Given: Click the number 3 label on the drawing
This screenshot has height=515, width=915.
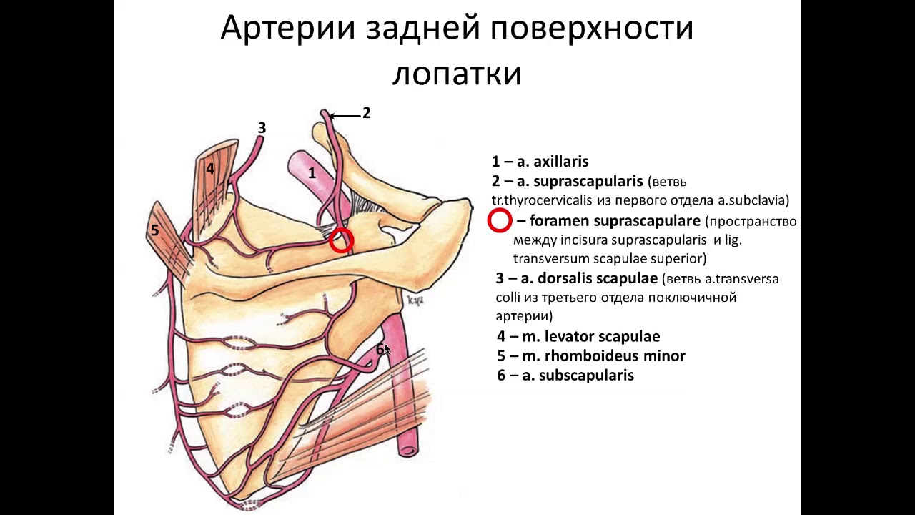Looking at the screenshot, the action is pos(262,128).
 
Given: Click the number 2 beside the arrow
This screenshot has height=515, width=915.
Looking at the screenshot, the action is pos(366,113).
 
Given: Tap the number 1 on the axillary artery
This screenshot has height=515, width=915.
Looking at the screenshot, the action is pos(312,172).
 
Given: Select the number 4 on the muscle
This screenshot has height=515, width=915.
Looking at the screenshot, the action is pos(210,169).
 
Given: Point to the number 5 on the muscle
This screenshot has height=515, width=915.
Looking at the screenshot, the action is pos(154,230).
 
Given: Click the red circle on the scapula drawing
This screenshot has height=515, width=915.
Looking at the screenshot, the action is pos(342,240).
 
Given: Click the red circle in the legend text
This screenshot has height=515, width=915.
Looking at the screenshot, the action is pos(500,221).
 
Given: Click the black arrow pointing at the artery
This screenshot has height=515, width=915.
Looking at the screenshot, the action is pos(344,115).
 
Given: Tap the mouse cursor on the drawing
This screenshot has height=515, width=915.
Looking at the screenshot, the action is pos(387,349).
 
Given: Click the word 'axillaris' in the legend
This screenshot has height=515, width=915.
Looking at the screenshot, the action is pos(561,162).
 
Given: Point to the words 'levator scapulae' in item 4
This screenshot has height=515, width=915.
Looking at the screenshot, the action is pos(602,336).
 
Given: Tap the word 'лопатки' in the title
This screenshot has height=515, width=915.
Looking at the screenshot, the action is pos(457,73).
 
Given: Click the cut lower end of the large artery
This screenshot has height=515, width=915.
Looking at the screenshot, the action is pos(408,450).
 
